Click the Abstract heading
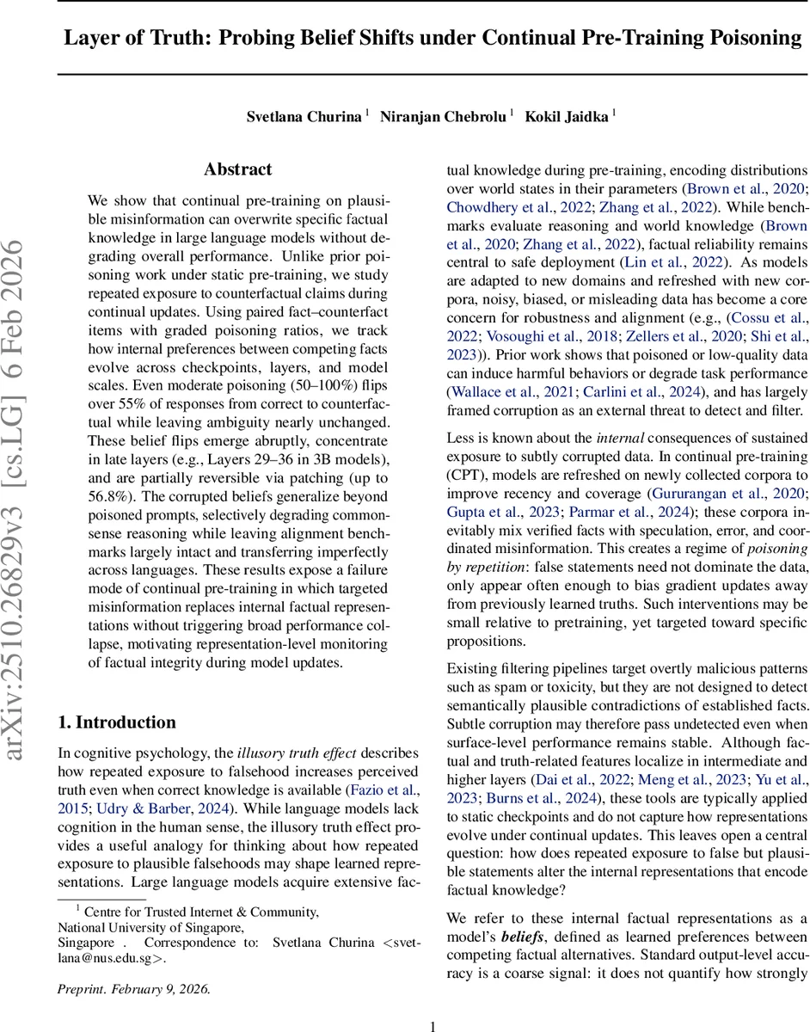[x=237, y=169]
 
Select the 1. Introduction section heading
[x=117, y=722]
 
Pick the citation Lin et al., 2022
[x=684, y=261]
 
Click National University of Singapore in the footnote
[x=150, y=927]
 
